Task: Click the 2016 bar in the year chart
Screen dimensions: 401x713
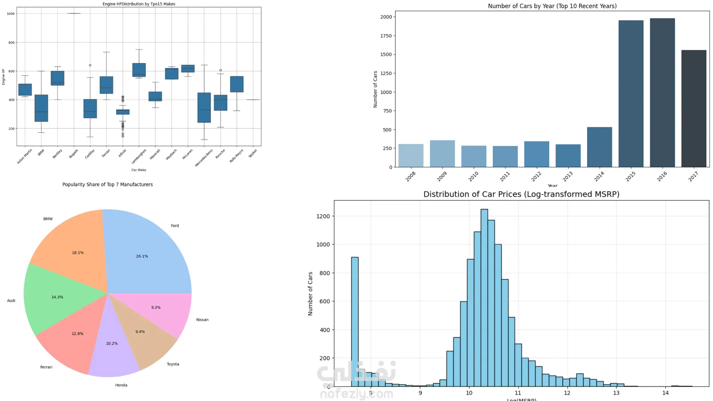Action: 662,93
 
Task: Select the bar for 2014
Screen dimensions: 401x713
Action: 599,147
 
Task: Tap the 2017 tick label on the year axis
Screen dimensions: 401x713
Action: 693,176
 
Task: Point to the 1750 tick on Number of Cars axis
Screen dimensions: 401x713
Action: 386,36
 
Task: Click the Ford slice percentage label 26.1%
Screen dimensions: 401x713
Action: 142,256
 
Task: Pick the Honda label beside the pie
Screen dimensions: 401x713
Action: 121,385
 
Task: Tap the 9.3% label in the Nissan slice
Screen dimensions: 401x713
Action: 156,307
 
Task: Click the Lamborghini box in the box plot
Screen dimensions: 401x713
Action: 139,70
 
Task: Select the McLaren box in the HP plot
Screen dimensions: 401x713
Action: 188,68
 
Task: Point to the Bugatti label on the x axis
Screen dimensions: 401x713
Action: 74,154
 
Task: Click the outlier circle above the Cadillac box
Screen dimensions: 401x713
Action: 90,65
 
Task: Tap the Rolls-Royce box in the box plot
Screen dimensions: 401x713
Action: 237,84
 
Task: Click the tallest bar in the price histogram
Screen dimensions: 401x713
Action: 484,297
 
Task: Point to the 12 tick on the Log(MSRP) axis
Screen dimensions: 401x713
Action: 567,393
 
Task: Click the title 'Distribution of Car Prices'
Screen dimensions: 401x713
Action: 521,194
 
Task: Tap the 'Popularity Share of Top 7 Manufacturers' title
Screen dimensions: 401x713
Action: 107,185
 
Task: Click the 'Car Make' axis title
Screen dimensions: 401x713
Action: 139,170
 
